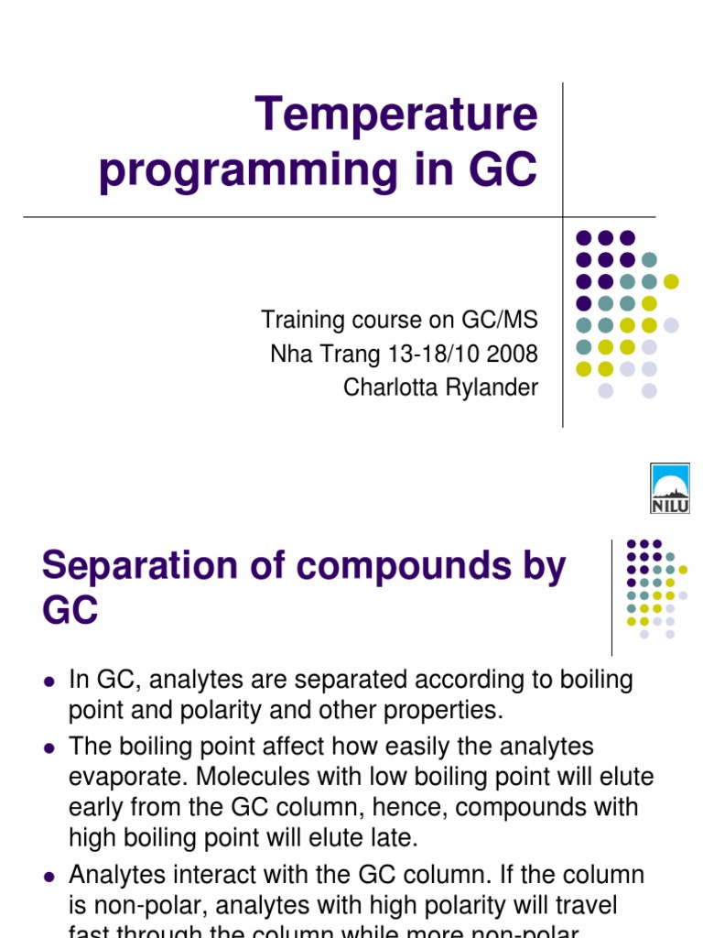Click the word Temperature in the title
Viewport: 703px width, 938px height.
tap(396, 115)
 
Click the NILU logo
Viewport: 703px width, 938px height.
tap(669, 488)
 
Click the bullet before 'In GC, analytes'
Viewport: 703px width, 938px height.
tap(49, 682)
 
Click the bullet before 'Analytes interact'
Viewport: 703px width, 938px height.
tap(49, 877)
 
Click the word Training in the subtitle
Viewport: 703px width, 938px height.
tap(297, 321)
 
